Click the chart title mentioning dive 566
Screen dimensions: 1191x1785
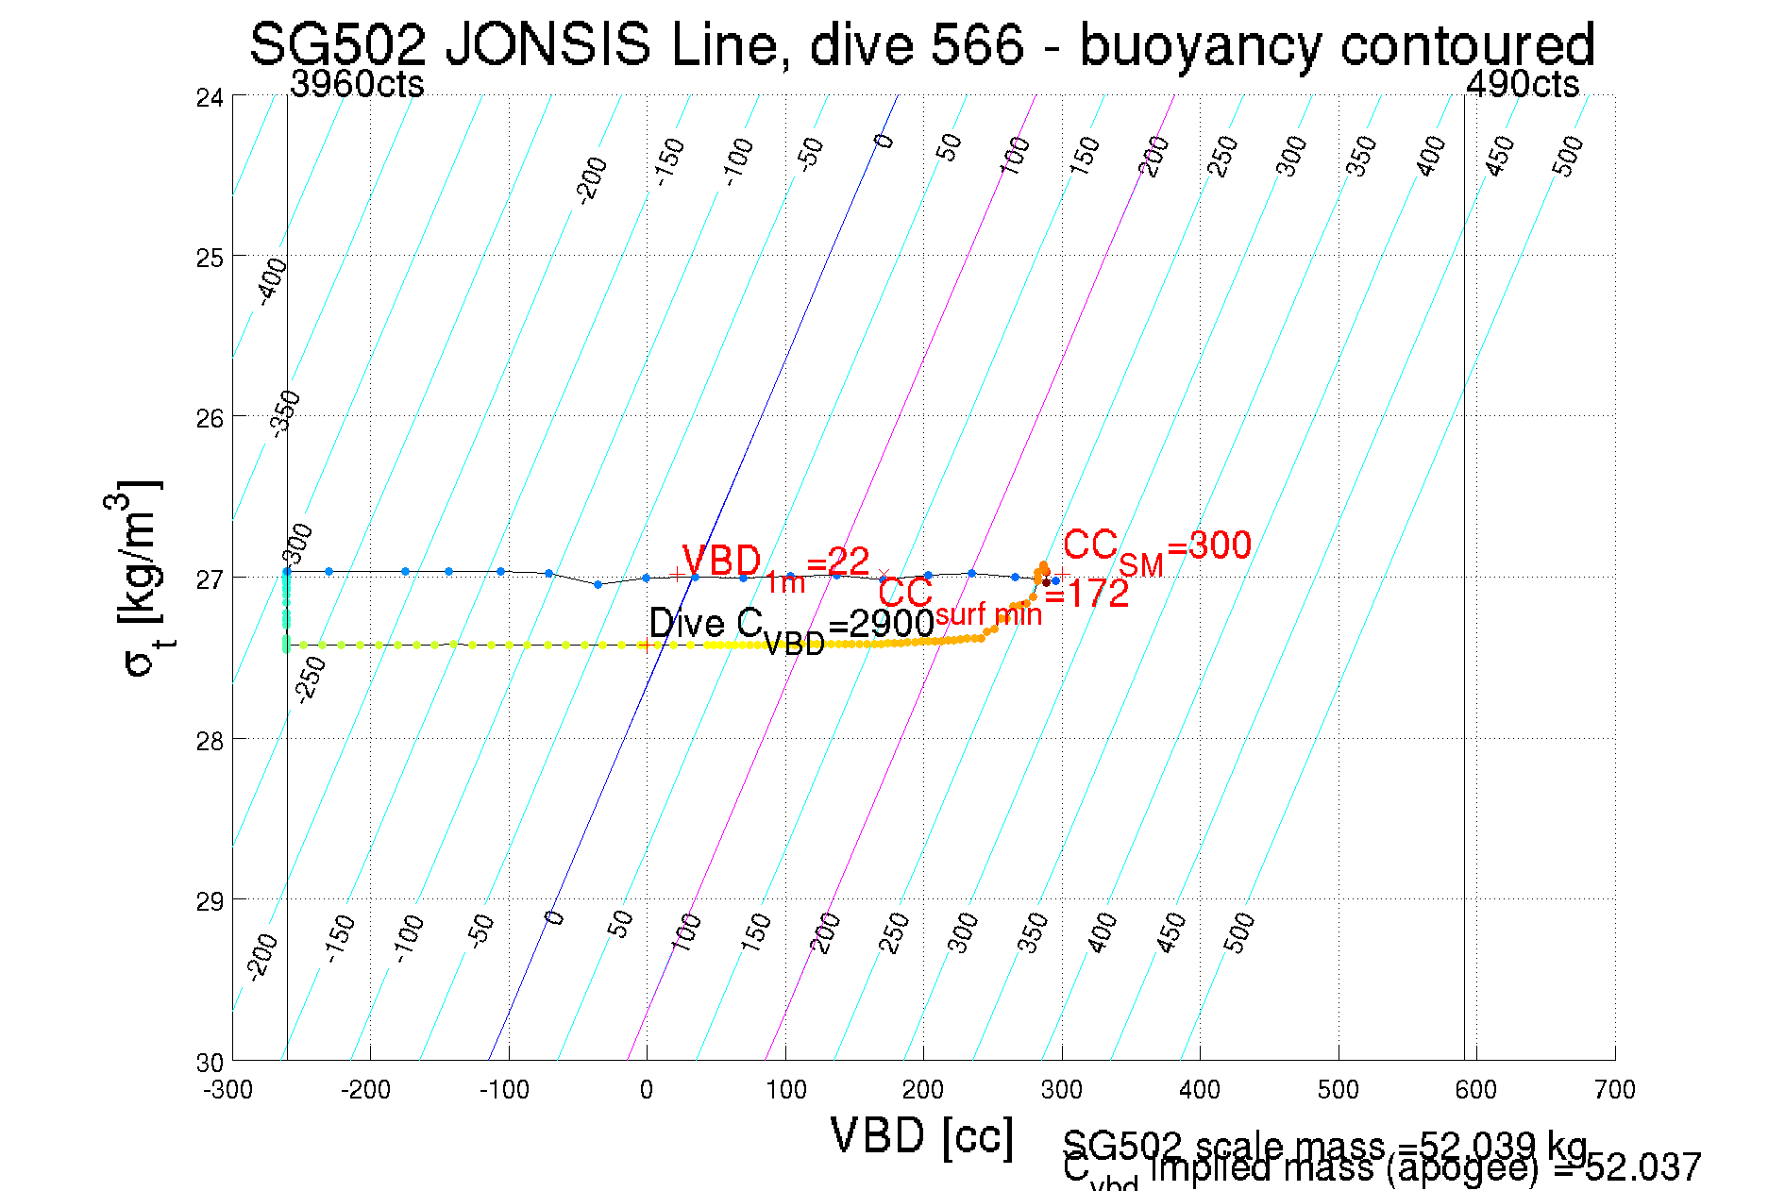click(x=921, y=44)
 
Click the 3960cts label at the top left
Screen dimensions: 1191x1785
click(x=357, y=85)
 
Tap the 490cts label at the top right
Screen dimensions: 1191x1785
click(x=1522, y=85)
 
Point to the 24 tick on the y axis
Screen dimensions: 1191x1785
click(x=210, y=97)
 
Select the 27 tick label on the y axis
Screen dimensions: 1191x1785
click(x=210, y=579)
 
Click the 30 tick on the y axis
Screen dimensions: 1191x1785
click(x=210, y=1063)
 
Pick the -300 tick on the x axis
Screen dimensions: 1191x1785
click(x=227, y=1090)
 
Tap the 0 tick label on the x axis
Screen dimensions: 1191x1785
click(x=647, y=1090)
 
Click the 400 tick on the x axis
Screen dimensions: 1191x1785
click(x=1200, y=1090)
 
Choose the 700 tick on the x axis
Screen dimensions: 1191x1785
click(x=1614, y=1090)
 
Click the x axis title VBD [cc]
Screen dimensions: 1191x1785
click(x=922, y=1135)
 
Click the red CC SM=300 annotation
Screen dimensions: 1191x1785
click(x=1156, y=548)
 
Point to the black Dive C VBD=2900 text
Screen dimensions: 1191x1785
click(x=791, y=627)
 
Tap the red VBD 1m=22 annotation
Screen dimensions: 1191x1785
click(x=775, y=565)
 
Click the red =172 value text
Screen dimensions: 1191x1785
click(x=1086, y=595)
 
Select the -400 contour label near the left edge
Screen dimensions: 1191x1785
click(x=272, y=281)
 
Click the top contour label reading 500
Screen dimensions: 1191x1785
click(x=1567, y=156)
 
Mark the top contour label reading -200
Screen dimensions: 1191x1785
click(x=592, y=180)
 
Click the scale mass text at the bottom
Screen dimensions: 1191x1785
click(x=1324, y=1147)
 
